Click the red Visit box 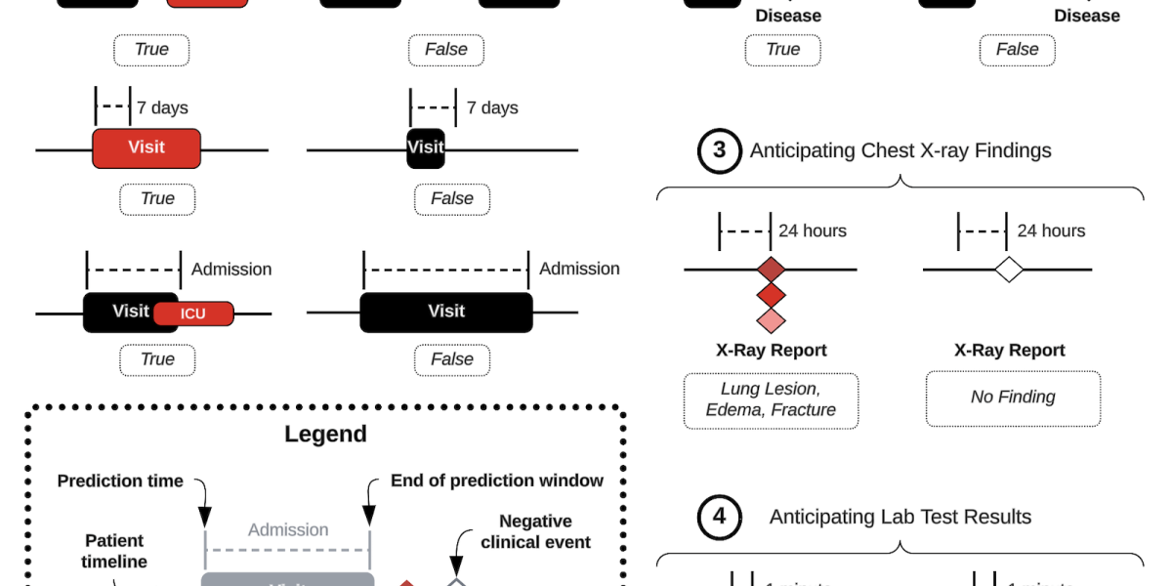pos(146,147)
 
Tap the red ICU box pos(193,314)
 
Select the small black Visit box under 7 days pos(426,147)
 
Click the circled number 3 pos(720,150)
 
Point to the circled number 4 pos(720,517)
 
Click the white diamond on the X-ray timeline pos(1008,270)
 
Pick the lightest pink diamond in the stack pos(772,319)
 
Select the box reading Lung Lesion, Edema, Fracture pos(771,399)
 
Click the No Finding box pos(1013,398)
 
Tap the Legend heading pos(326,434)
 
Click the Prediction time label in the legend pos(120,481)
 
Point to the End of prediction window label pos(497,481)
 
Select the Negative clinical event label pos(535,531)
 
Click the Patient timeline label pos(114,551)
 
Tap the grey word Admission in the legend pos(288,530)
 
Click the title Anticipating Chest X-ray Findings pos(900,150)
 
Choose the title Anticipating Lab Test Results pos(900,517)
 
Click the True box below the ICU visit pos(157,359)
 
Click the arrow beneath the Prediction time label pos(204,504)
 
